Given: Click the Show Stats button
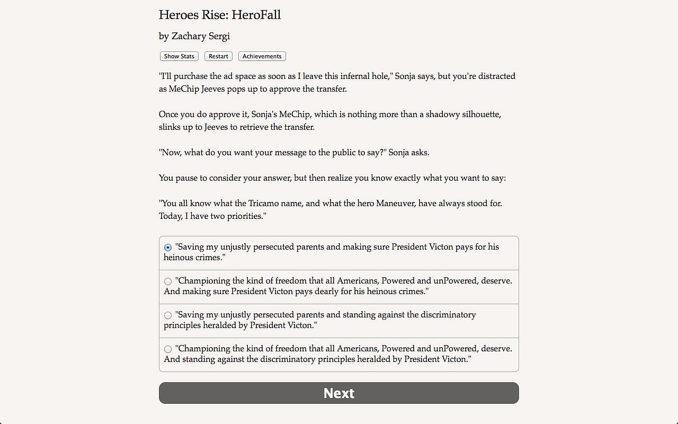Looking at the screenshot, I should (x=179, y=56).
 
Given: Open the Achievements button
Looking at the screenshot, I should (x=262, y=56).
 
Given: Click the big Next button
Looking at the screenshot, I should (x=339, y=393).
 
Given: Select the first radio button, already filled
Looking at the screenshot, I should (x=168, y=248).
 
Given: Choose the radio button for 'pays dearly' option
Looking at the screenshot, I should (x=168, y=281).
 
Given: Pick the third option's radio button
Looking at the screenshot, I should (x=168, y=315).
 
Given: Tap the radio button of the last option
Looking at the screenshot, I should (x=168, y=349).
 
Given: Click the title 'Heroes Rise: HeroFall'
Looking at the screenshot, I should (x=220, y=15).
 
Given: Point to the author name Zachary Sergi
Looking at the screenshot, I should (x=201, y=36).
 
